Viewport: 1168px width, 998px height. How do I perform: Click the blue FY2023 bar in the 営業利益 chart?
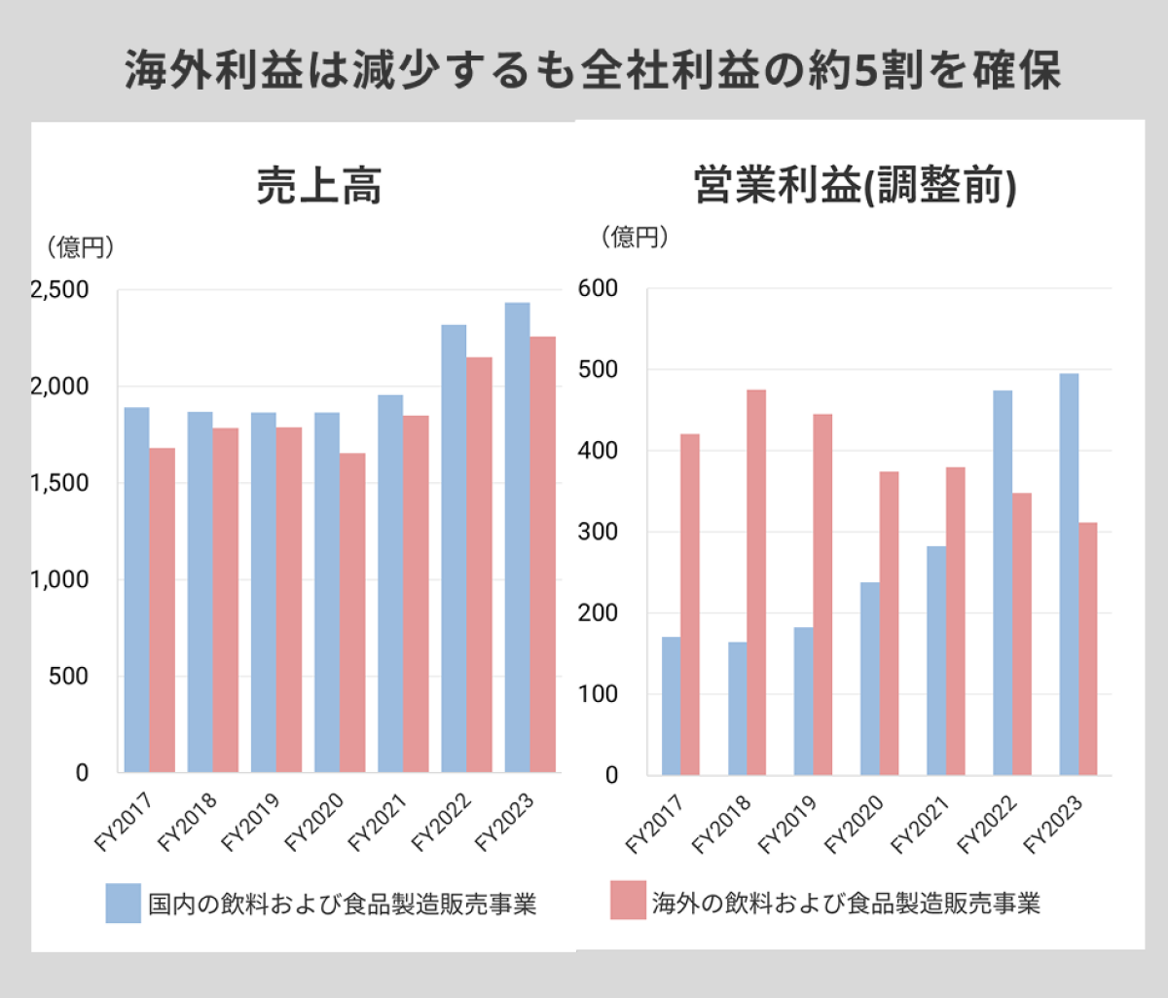1069,574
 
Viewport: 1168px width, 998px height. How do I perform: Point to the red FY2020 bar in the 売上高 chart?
352,612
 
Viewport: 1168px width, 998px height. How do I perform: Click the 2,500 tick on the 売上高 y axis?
59,290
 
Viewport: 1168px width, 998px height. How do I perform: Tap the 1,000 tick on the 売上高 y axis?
59,579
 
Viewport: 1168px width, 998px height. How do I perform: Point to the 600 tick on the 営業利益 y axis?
598,288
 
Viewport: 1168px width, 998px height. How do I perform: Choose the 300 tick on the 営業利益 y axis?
598,532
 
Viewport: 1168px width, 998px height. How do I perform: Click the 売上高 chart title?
319,186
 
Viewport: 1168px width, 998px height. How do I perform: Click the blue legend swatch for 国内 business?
124,903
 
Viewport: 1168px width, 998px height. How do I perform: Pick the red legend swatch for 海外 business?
628,901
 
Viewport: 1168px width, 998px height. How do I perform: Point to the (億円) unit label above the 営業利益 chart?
635,237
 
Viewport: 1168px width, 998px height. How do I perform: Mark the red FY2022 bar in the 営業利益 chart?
1022,634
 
